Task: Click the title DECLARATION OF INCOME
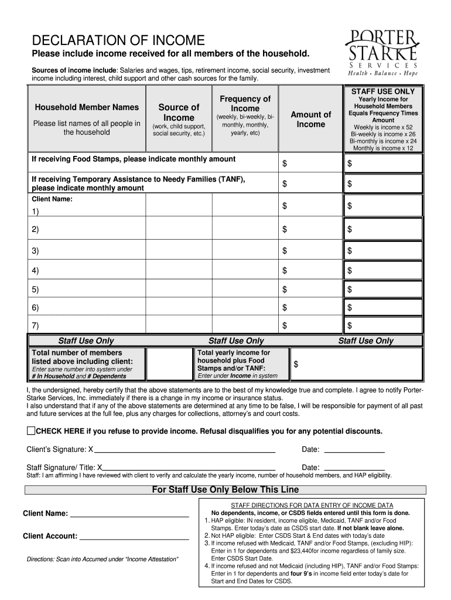pos(118,40)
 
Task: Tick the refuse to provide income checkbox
pos(32,431)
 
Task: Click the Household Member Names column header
pos(87,107)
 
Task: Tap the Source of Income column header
pos(179,112)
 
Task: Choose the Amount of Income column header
pos(310,119)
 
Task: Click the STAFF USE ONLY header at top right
pos(382,91)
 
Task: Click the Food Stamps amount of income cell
pos(310,163)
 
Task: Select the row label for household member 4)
pos(36,271)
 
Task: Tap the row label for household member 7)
pos(36,325)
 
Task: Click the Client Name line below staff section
pos(129,515)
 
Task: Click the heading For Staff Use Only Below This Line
pos(225,490)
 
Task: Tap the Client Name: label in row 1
pos(52,199)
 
